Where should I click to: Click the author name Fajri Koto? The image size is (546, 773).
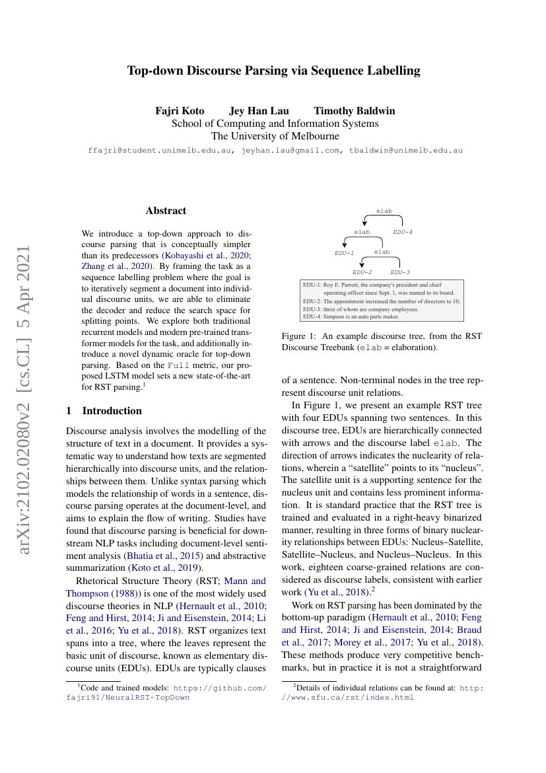pos(180,110)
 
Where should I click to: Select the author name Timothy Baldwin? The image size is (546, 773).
pos(354,110)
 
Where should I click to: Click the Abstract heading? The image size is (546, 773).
pos(166,211)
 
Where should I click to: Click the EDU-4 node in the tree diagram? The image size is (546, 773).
pos(402,232)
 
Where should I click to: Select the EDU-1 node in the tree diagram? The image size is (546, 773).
pos(344,252)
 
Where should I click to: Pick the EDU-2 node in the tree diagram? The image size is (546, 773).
pos(362,272)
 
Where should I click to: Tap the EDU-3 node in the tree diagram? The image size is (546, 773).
pos(400,272)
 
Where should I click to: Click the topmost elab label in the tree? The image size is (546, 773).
pos(384,211)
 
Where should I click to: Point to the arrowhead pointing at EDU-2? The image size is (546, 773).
pos(361,265)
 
